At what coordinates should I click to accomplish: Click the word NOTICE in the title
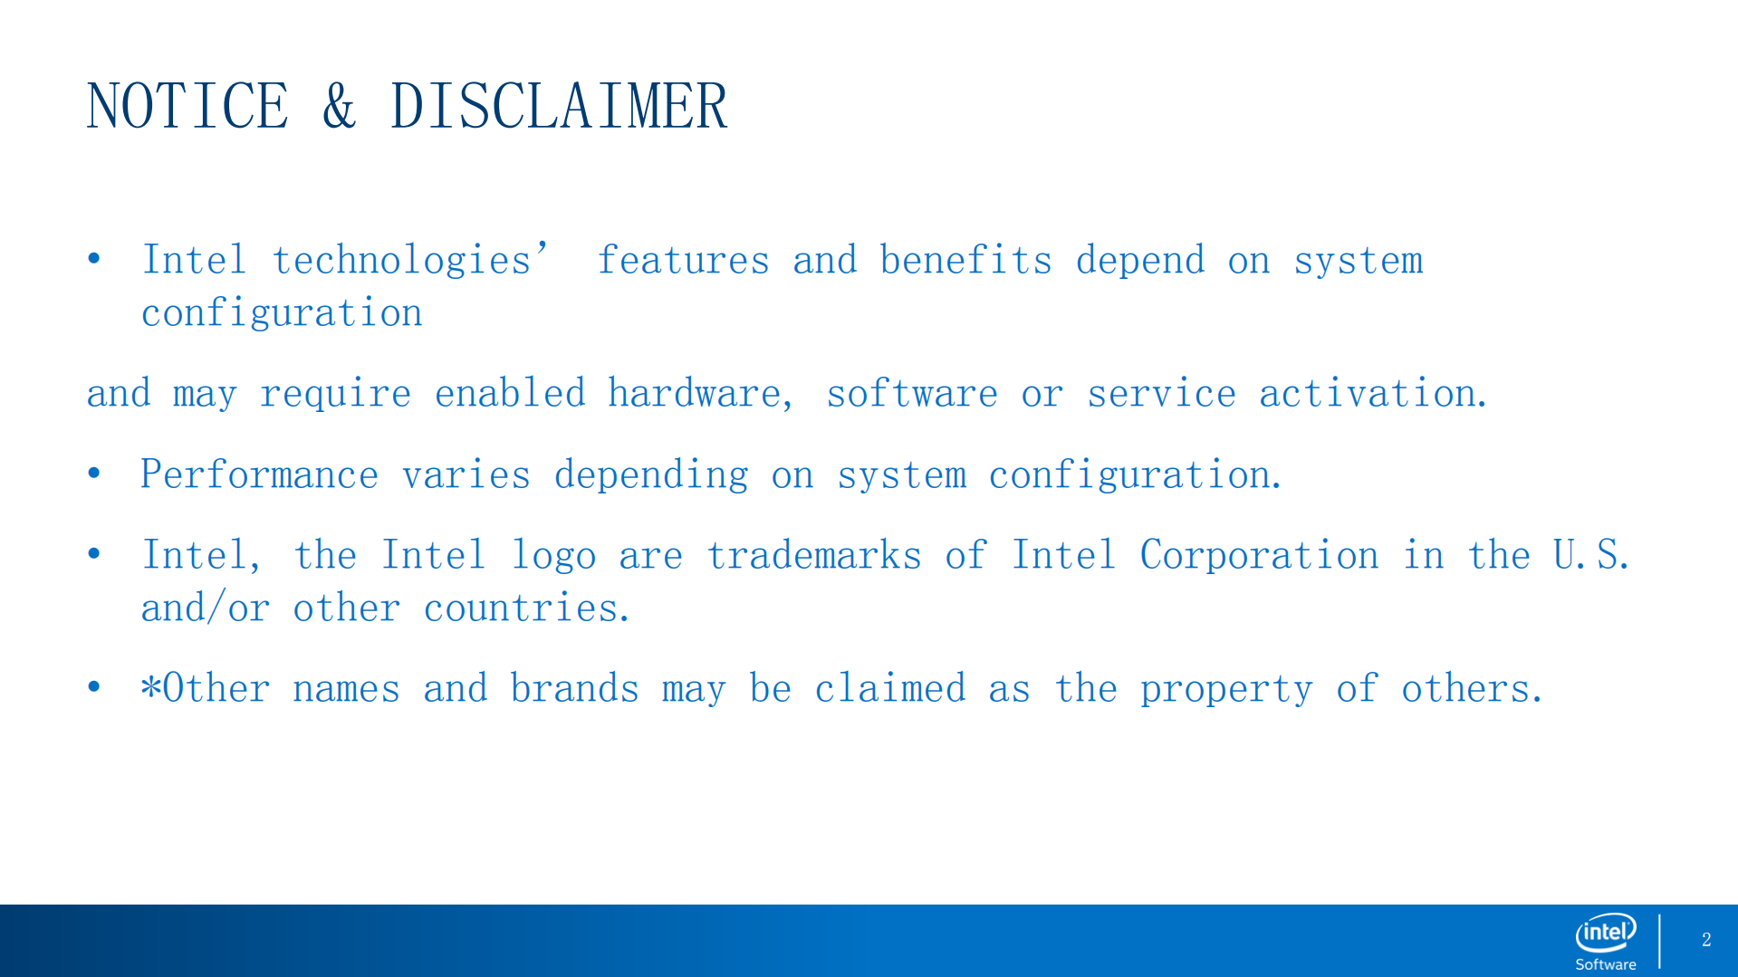point(187,106)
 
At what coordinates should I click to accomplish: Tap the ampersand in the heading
point(339,106)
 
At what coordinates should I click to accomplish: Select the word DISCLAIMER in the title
point(559,106)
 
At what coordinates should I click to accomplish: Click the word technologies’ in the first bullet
point(410,261)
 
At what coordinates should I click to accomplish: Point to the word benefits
point(965,260)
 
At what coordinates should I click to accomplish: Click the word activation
point(1372,393)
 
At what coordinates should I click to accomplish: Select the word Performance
point(259,474)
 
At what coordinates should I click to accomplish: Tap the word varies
point(466,475)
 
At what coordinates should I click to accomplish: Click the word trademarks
point(814,555)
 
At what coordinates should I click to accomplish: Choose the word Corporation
point(1259,555)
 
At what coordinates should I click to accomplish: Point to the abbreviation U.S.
point(1591,555)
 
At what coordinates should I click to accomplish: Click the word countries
point(525,608)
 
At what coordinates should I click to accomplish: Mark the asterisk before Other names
point(150,685)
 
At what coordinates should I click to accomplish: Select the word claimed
point(890,688)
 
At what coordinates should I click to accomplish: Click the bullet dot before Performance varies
point(94,474)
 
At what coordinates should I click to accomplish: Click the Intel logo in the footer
point(1606,942)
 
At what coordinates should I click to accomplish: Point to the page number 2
point(1706,940)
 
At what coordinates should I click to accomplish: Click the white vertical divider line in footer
point(1659,942)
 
